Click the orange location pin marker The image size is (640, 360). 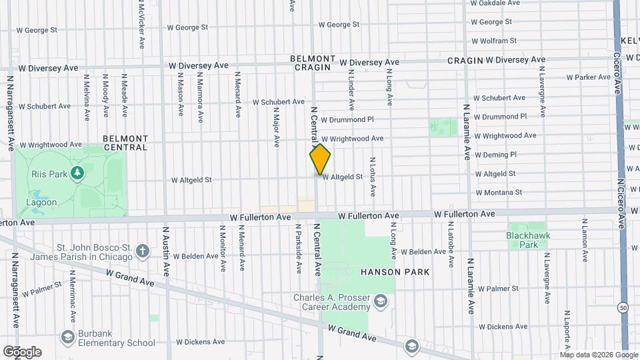click(x=320, y=159)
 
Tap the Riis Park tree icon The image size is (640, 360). click(x=78, y=173)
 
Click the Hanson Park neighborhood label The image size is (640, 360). click(x=395, y=272)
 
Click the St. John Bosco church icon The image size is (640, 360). click(x=142, y=251)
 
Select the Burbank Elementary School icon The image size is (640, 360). click(x=67, y=338)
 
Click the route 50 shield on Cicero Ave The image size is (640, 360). click(x=623, y=307)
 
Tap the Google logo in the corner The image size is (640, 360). click(x=22, y=352)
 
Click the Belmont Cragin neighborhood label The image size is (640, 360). click(x=311, y=63)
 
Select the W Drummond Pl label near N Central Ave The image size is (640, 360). click(x=347, y=119)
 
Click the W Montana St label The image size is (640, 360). click(x=499, y=192)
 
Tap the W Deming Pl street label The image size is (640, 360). click(x=495, y=155)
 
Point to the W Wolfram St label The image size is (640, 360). click(x=494, y=41)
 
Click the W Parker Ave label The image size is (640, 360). click(x=589, y=77)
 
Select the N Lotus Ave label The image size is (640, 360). click(x=373, y=177)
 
